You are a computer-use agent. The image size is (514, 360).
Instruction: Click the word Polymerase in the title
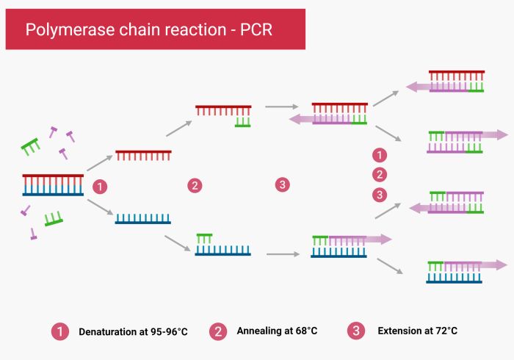(x=61, y=30)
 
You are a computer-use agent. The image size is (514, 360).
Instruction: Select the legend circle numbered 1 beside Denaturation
(x=59, y=331)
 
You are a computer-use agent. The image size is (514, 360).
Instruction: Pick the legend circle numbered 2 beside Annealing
(x=218, y=331)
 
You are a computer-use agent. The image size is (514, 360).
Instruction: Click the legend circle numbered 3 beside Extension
(x=356, y=331)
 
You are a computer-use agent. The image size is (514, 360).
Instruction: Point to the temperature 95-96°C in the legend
(x=166, y=331)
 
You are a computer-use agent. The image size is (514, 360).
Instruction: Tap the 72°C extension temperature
(x=444, y=331)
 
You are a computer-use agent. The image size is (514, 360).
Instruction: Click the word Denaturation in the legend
(x=109, y=331)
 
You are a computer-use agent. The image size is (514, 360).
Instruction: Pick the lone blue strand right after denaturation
(x=143, y=218)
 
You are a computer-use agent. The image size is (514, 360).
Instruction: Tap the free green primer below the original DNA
(x=54, y=219)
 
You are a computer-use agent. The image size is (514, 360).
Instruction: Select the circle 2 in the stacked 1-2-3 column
(x=380, y=175)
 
